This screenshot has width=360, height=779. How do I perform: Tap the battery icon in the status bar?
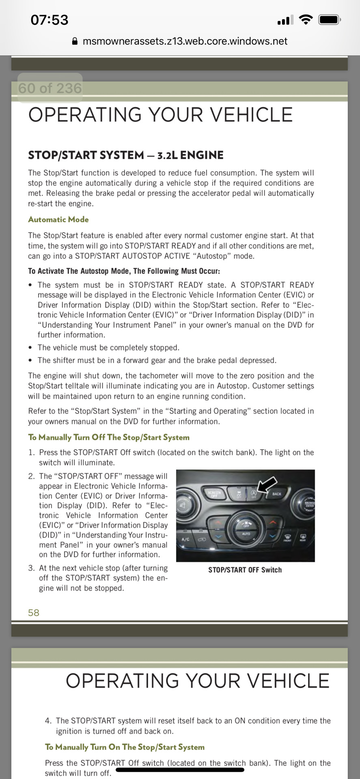[x=329, y=19]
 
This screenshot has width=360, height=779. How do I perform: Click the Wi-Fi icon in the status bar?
[x=305, y=19]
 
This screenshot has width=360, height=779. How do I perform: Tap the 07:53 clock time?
[x=50, y=20]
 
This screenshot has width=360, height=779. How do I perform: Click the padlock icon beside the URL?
[x=75, y=41]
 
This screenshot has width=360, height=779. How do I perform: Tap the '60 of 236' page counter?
[x=50, y=88]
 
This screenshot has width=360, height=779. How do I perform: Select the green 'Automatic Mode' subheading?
[x=58, y=219]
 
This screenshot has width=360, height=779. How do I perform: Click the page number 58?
[x=34, y=613]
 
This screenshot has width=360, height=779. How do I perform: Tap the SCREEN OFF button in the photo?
[x=214, y=494]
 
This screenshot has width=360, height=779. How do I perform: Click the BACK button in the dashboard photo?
[x=277, y=494]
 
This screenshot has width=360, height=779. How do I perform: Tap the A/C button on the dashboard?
[x=185, y=539]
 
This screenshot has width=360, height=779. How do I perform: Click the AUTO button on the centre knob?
[x=246, y=534]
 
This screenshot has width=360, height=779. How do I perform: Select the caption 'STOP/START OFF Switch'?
[x=245, y=570]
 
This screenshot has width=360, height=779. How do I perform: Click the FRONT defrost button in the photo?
[x=287, y=538]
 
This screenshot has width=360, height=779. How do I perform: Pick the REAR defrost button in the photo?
[x=303, y=538]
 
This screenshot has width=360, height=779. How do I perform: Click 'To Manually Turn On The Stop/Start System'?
[x=125, y=747]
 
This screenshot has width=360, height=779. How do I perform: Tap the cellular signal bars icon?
[x=284, y=20]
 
